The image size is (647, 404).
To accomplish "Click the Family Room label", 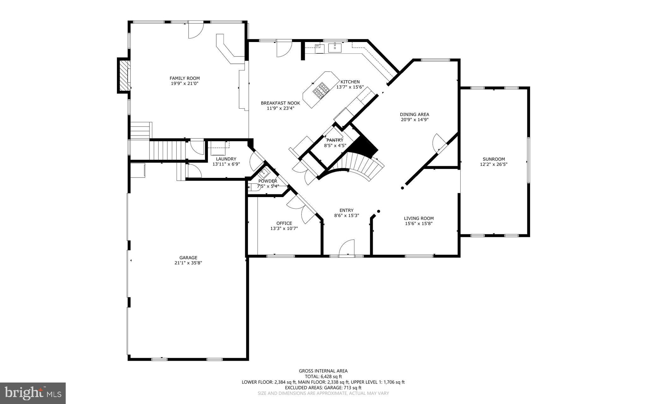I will (x=184, y=78).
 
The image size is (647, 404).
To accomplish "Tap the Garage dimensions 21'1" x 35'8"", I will (x=188, y=263).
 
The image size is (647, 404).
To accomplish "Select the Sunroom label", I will (x=493, y=159).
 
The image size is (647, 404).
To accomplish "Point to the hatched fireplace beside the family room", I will (x=124, y=75).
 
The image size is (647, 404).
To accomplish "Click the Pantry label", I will (x=335, y=140).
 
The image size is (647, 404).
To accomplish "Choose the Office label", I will (x=284, y=223).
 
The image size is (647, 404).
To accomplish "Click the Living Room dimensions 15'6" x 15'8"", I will (x=419, y=224).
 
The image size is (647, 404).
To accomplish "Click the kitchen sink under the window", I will (x=335, y=48).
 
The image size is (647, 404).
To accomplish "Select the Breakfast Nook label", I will (x=280, y=103).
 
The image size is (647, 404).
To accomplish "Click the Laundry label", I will (x=226, y=159).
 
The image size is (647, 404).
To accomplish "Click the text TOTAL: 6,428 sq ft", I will (x=323, y=377).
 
